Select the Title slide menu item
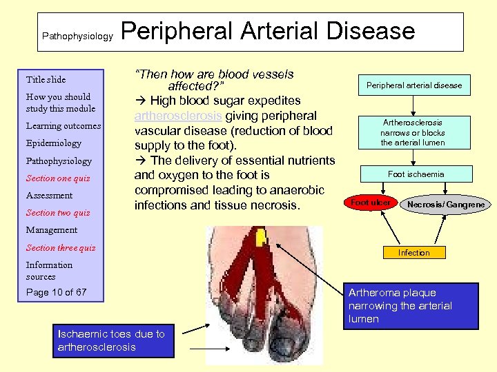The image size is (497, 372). [46, 79]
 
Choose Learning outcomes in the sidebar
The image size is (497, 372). [63, 126]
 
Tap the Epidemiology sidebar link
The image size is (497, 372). [53, 143]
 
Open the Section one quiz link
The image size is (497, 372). [57, 178]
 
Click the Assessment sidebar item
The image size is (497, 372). [49, 196]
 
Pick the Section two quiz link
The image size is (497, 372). [57, 213]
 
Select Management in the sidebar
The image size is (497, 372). [51, 230]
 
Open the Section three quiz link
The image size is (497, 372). [61, 248]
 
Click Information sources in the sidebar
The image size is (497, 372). [49, 270]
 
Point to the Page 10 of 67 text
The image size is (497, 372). [56, 292]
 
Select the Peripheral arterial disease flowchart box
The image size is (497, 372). [413, 85]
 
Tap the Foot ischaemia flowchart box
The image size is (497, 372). [416, 174]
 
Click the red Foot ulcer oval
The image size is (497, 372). [371, 203]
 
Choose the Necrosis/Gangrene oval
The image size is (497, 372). [445, 205]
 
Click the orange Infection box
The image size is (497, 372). [413, 253]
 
